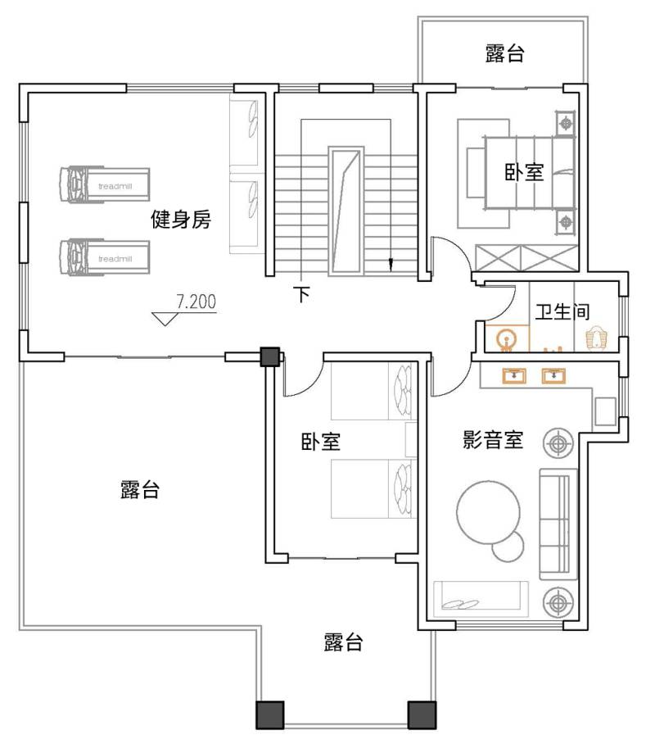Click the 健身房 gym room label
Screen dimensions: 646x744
point(181,220)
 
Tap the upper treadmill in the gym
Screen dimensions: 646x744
point(105,184)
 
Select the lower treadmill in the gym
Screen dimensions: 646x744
point(105,256)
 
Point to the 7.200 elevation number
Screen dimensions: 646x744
point(197,302)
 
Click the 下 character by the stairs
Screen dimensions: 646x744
point(302,293)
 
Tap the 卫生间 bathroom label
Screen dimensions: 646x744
point(562,311)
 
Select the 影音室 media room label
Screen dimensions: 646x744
point(493,439)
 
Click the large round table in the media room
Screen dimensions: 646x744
point(488,512)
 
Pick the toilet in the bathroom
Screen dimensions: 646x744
point(596,337)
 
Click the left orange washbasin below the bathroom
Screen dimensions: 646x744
point(514,375)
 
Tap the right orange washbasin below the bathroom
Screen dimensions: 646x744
point(553,375)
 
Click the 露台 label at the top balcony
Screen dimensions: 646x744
point(504,53)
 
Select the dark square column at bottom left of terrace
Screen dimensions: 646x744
point(270,715)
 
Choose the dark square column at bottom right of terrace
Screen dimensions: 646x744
point(422,715)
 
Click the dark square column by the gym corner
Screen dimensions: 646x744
point(270,356)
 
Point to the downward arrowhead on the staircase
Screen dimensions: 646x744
point(391,264)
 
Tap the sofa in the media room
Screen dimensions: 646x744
point(558,524)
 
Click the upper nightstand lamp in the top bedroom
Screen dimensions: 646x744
point(566,124)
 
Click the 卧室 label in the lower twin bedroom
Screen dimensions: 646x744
point(321,442)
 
